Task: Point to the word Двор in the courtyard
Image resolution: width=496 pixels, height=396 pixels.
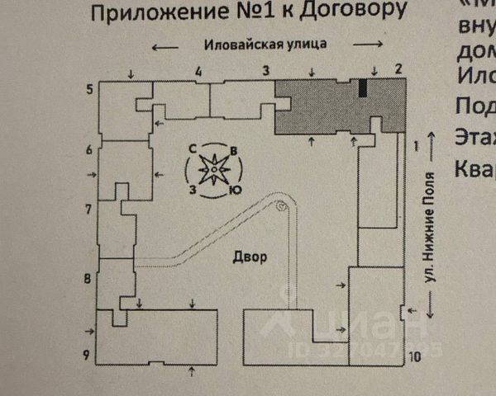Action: point(249,257)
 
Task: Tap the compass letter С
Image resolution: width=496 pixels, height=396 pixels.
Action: point(192,148)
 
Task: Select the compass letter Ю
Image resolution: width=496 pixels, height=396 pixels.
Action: point(236,191)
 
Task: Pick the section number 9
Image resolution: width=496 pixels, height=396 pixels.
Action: point(86,356)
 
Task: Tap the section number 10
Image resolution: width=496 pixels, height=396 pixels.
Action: point(415,356)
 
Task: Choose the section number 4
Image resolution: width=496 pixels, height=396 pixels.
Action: point(198,71)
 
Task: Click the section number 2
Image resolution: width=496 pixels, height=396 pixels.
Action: point(398,68)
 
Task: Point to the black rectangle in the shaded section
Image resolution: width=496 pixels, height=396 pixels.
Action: point(362,88)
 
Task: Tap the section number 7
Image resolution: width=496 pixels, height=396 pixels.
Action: point(88,208)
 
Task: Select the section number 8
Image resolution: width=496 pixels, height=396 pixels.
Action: point(88,278)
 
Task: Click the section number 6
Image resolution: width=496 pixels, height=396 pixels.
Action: point(88,149)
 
